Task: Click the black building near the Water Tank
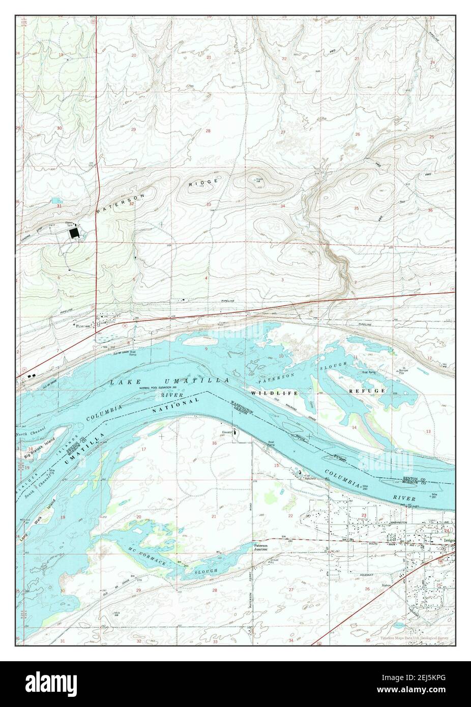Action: click(74, 233)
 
